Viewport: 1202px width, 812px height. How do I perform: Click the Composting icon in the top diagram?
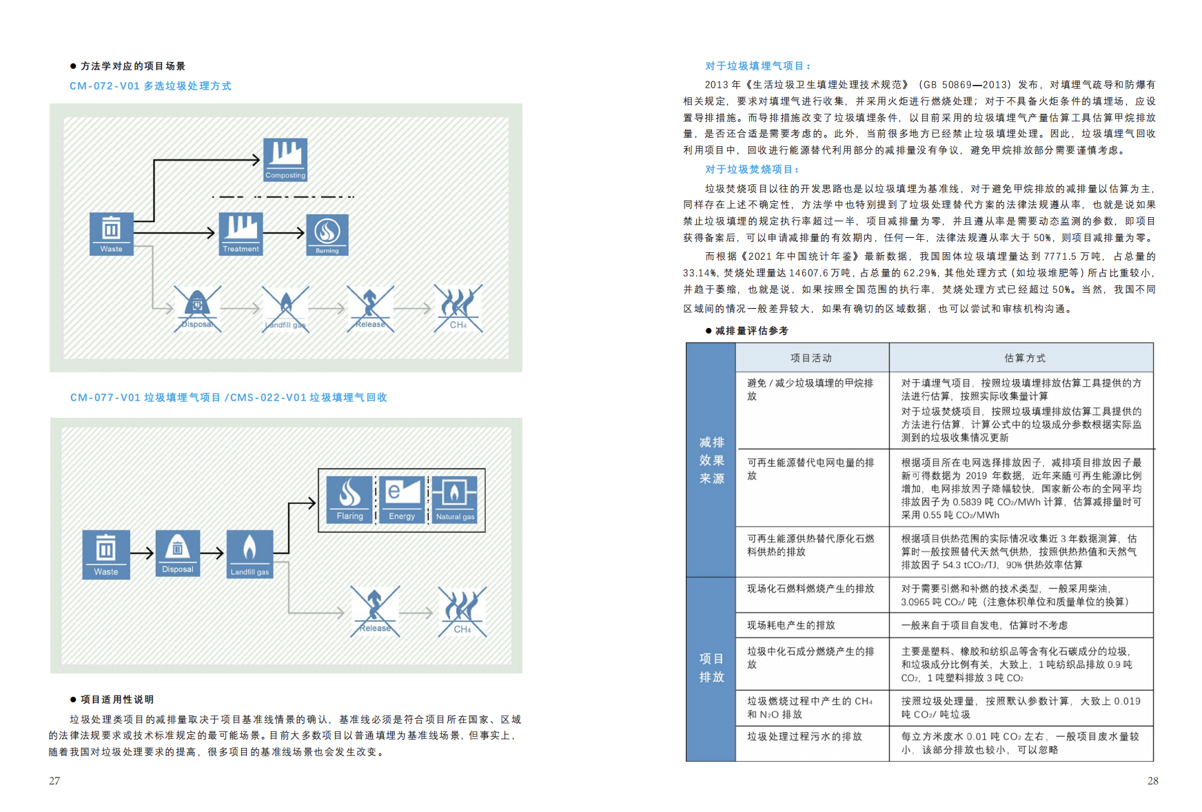coord(285,159)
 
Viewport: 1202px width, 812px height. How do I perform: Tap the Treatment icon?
coord(241,234)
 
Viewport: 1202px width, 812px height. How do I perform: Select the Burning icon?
coord(327,234)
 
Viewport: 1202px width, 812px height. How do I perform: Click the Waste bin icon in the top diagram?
coord(111,234)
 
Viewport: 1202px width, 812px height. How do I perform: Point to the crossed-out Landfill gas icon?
coord(285,309)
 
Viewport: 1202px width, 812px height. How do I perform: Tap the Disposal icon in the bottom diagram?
coord(178,553)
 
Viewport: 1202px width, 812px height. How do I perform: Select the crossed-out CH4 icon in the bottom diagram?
coord(462,611)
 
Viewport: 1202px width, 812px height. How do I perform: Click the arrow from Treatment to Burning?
coord(284,233)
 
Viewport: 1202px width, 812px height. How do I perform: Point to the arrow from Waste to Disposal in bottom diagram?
coord(142,553)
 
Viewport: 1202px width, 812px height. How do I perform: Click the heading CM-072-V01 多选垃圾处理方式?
coord(150,86)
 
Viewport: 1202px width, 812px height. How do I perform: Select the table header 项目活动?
coord(811,358)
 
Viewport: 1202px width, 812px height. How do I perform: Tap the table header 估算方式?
coord(1025,358)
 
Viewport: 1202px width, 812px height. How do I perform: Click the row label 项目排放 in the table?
coord(711,668)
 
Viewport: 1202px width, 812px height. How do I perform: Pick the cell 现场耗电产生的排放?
coord(791,625)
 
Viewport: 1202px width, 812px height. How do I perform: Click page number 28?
coord(1152,781)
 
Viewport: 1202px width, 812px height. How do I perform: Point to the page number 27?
coord(54,781)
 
